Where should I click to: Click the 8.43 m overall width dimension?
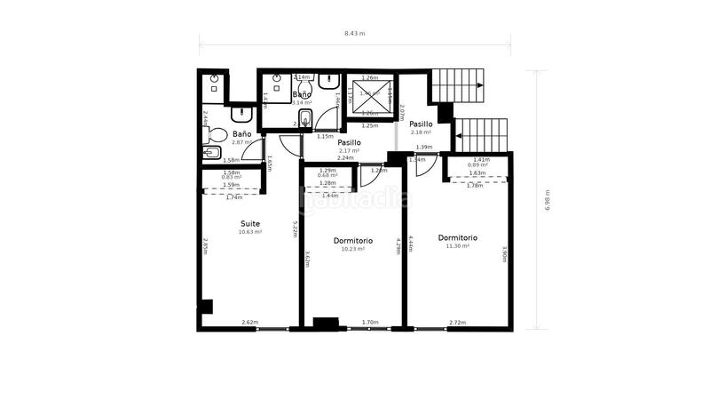click(x=354, y=33)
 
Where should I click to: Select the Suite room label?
click(x=249, y=223)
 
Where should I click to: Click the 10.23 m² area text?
click(x=352, y=249)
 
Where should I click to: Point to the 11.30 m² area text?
click(x=457, y=246)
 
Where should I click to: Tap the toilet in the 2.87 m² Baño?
click(x=214, y=134)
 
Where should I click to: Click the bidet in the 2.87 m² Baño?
click(x=211, y=153)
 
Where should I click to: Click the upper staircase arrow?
click(x=479, y=85)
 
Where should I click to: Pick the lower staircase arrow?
click(x=503, y=136)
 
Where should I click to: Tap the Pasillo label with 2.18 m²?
click(x=421, y=124)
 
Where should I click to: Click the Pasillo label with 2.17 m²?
click(x=349, y=142)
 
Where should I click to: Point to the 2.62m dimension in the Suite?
click(x=249, y=323)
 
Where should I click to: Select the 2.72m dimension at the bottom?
click(x=457, y=323)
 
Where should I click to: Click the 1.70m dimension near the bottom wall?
click(x=370, y=323)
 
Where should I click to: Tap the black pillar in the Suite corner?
click(x=206, y=307)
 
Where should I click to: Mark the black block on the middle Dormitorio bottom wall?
click(x=327, y=322)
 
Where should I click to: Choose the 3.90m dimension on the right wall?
click(x=504, y=254)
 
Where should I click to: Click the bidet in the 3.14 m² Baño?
click(x=305, y=118)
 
